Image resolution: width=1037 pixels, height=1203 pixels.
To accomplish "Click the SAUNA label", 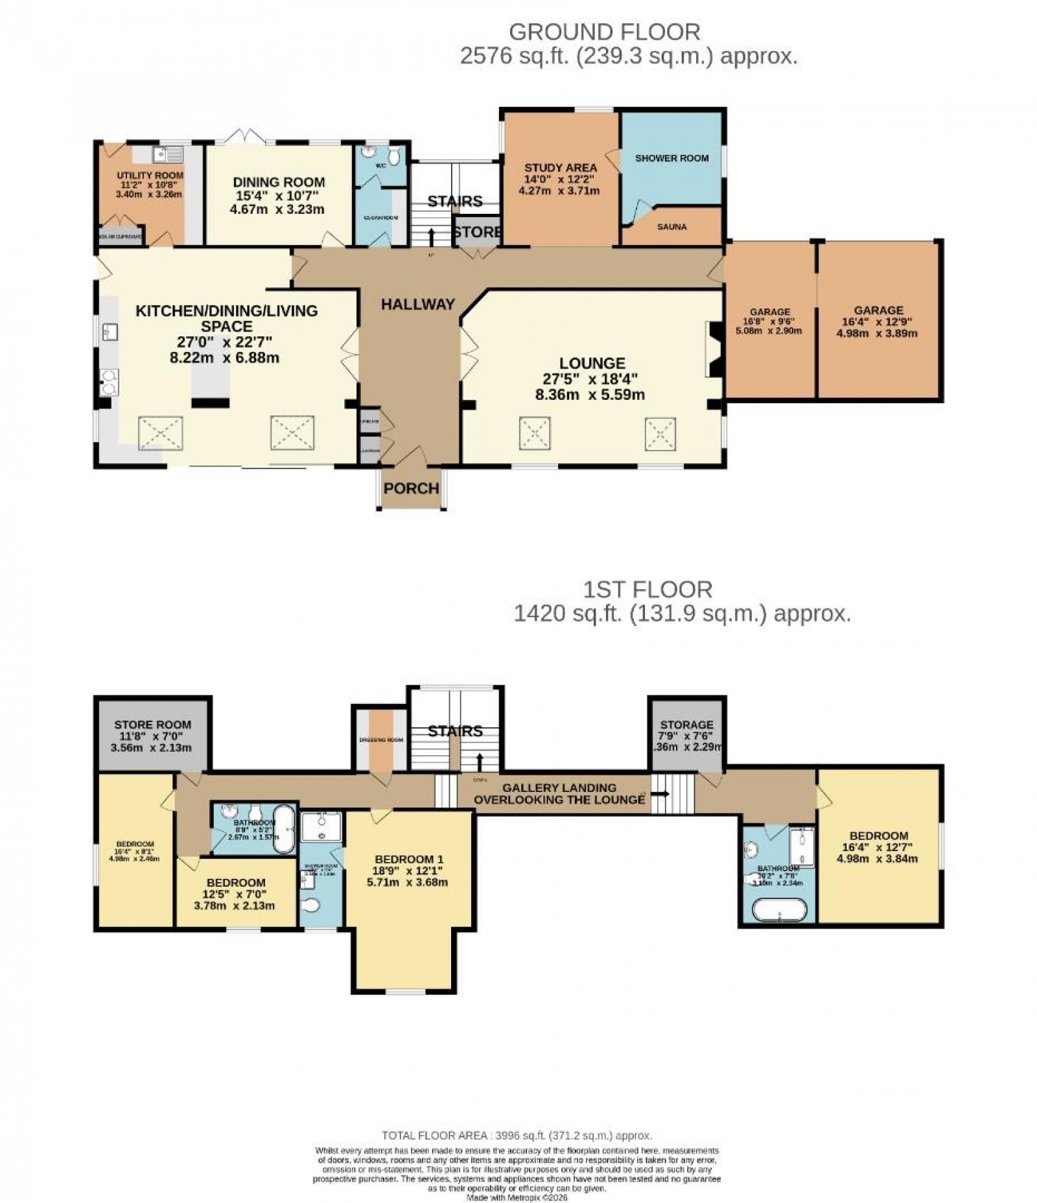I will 671,227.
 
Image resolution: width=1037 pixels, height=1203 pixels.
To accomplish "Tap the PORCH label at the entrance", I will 411,488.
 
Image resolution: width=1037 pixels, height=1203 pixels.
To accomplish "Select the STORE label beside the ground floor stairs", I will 476,231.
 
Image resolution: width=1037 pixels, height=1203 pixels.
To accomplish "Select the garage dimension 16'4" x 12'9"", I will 878,322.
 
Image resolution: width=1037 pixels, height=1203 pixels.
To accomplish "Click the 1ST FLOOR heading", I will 647,589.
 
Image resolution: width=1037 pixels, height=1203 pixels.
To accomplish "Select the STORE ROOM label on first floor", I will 153,725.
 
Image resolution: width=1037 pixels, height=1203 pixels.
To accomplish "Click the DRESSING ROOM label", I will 382,740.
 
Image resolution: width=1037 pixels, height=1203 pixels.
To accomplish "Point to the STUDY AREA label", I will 561,168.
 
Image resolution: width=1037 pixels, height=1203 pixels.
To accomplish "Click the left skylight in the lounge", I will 535,433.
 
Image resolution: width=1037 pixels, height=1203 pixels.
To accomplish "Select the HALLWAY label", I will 417,305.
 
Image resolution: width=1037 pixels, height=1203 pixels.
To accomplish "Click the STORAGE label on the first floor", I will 686,725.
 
